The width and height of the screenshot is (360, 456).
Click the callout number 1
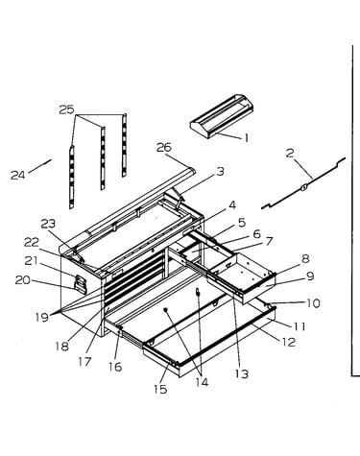[x=246, y=138]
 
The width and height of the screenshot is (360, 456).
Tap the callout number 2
[x=290, y=153]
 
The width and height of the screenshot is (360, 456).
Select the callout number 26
[x=164, y=148]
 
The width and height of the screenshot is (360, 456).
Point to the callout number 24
[x=18, y=175]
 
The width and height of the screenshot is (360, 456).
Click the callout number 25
[x=66, y=109]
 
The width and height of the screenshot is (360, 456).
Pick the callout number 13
[x=241, y=373]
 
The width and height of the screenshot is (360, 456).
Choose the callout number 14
[x=202, y=382]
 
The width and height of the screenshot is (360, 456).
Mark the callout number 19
[x=42, y=317]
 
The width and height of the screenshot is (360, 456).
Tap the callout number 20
[x=23, y=280]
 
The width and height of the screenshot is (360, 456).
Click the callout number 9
[x=310, y=276]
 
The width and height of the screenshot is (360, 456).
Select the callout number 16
[x=115, y=367]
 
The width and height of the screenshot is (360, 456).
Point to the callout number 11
[x=300, y=326]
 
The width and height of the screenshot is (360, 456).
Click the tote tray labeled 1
[x=222, y=116]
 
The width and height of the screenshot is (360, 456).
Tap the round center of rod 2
[x=303, y=186]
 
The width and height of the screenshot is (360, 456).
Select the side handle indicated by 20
[x=81, y=284]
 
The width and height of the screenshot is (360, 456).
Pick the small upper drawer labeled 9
[x=242, y=276]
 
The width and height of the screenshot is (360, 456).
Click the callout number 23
[x=48, y=224]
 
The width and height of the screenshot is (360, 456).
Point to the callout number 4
[x=232, y=205]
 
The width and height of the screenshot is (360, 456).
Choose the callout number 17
[x=84, y=362]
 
